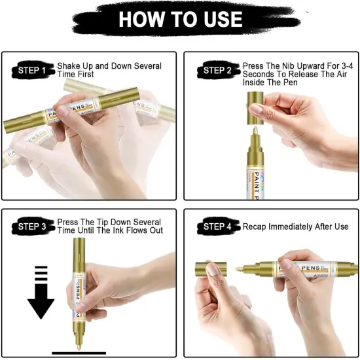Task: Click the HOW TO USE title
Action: pyautogui.click(x=179, y=20)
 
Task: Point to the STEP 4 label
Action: pyautogui.click(x=217, y=227)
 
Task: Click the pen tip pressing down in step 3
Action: pyautogui.click(x=81, y=346)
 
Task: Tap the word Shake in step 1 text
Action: pyautogui.click(x=69, y=66)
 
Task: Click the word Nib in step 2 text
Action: pyautogui.click(x=285, y=66)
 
